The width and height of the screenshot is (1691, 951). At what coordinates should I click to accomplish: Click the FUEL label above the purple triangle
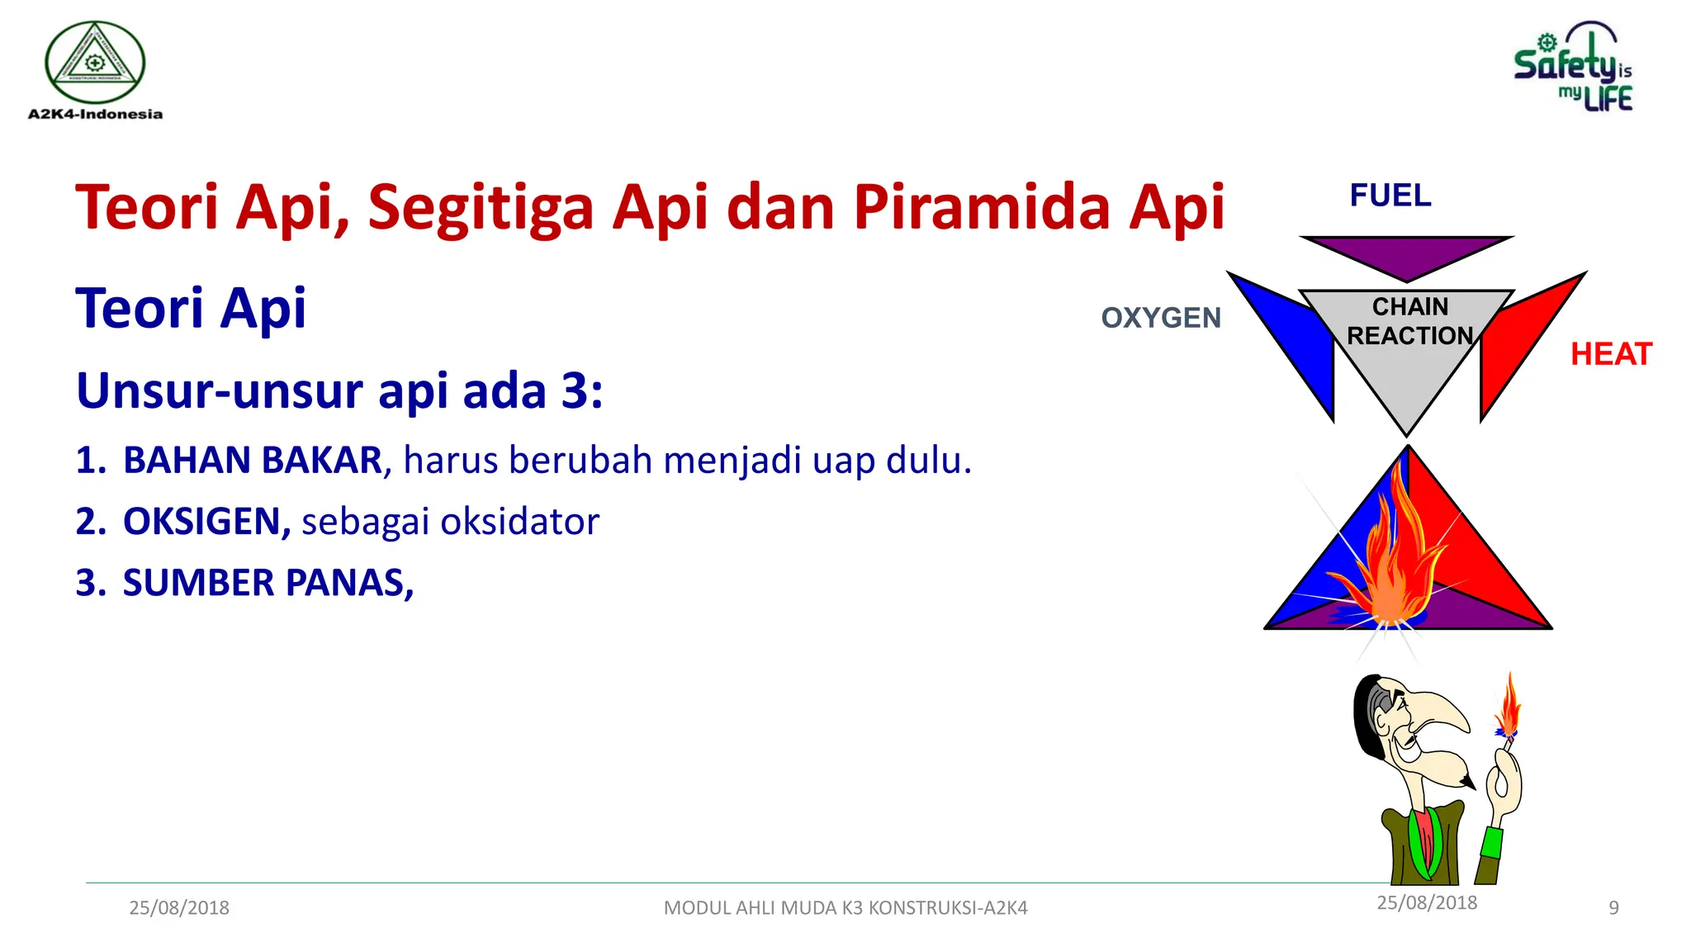tap(1390, 196)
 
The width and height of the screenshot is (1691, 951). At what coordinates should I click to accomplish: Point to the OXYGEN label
tap(1160, 318)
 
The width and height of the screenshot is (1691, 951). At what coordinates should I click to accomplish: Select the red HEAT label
tap(1610, 354)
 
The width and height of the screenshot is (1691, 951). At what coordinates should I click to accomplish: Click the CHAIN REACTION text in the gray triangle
tap(1409, 322)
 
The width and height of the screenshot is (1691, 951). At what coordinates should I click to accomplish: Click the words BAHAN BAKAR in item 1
tap(252, 461)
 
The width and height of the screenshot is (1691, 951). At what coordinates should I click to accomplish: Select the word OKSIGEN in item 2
tap(206, 522)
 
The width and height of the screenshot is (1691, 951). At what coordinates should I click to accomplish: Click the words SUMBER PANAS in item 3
tap(267, 583)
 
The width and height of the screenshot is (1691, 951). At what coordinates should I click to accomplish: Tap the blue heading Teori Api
tap(190, 309)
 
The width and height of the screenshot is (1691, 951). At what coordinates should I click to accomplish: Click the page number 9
tap(1613, 908)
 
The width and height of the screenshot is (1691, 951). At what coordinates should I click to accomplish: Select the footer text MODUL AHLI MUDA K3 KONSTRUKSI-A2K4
tap(845, 908)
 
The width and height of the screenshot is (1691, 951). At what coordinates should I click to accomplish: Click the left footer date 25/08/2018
tap(179, 908)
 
